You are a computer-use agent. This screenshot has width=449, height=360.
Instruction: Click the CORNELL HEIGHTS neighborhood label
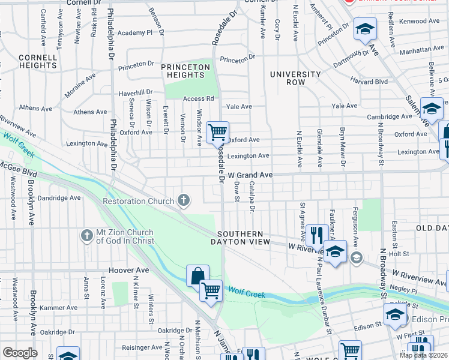click(38, 61)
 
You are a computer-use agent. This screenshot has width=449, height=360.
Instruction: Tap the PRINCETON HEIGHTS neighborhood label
click(185, 71)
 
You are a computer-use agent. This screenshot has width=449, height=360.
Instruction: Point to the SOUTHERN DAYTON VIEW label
click(240, 238)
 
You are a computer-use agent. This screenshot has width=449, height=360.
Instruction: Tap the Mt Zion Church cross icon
click(87, 236)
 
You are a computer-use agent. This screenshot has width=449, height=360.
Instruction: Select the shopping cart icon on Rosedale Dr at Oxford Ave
click(217, 131)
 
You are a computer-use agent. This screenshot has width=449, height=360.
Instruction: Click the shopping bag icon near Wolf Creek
click(197, 276)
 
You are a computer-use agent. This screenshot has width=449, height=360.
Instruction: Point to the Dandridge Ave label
click(59, 197)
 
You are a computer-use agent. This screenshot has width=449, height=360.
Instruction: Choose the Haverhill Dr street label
click(136, 93)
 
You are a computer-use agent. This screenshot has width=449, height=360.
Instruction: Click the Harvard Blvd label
click(370, 82)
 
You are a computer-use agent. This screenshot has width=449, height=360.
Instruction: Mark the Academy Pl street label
click(135, 33)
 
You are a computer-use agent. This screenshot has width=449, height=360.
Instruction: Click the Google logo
click(20, 353)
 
